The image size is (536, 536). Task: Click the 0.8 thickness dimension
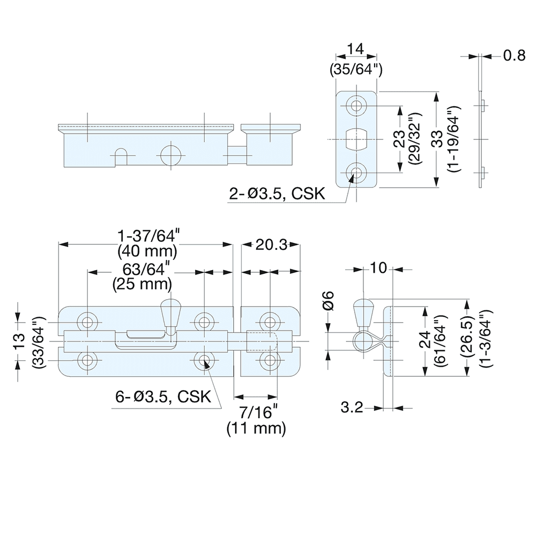(514, 56)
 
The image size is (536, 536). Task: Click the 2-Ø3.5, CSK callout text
(277, 193)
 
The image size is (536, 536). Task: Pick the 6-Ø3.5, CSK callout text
(163, 397)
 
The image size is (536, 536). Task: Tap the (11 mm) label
(256, 428)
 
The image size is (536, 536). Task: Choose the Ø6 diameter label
(329, 300)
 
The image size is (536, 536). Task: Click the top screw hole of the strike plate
(355, 105)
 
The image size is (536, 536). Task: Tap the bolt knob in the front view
(171, 314)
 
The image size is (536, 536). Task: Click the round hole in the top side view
(171, 154)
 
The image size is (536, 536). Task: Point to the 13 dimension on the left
(19, 341)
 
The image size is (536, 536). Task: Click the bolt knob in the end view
(362, 314)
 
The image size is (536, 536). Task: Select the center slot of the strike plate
(355, 138)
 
